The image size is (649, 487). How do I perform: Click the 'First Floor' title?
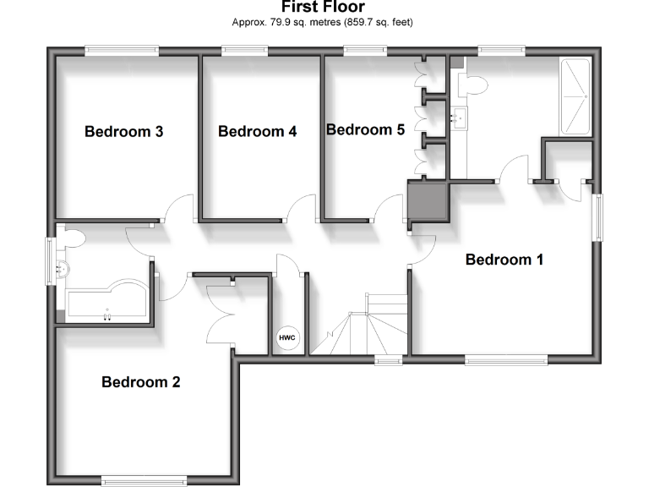323,8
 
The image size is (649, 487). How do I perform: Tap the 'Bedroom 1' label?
504,260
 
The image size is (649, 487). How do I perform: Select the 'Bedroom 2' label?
140,382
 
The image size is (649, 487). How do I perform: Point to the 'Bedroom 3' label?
123,132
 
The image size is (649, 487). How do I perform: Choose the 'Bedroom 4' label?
257,132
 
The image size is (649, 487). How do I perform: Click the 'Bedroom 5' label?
365,130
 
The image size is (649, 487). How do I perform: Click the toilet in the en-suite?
472,85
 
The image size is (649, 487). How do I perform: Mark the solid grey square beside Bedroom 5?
428,201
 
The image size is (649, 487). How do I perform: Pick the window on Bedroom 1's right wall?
599,219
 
